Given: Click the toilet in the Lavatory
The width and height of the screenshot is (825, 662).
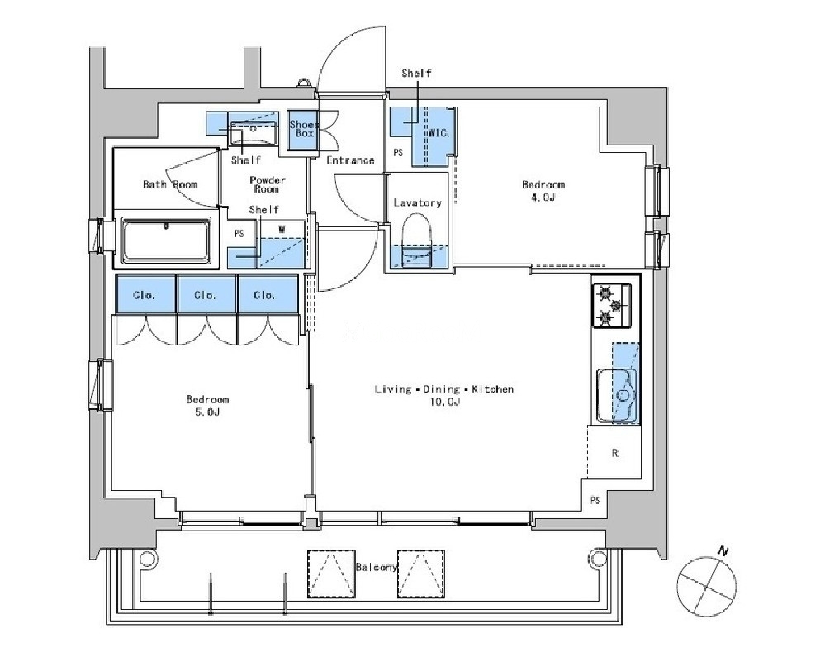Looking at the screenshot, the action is [x=417, y=240].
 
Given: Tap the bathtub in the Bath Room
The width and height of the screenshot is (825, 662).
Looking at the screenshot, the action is [x=166, y=241].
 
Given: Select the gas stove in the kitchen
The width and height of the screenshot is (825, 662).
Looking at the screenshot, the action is [x=611, y=306].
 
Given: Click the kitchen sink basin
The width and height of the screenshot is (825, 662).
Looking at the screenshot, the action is [x=617, y=395].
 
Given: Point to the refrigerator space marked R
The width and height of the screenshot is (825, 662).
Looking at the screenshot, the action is [x=614, y=453].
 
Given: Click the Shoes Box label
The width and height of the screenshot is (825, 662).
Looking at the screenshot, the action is [x=304, y=129].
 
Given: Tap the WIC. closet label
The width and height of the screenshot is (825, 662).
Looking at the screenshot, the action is [x=439, y=133].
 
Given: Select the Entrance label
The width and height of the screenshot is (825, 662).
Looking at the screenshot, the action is [x=350, y=160].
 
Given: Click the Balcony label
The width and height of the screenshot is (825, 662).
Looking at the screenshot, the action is [x=376, y=568].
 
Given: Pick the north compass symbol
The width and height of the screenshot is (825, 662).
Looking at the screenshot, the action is [x=707, y=584].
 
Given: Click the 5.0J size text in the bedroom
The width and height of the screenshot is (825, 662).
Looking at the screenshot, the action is [x=207, y=412].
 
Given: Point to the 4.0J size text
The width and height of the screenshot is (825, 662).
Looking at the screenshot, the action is [x=543, y=198].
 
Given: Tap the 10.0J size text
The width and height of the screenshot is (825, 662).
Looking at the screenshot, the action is [x=445, y=402].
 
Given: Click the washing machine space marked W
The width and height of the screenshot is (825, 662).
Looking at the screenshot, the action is [x=282, y=230].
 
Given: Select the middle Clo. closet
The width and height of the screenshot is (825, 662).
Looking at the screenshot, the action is [x=206, y=294].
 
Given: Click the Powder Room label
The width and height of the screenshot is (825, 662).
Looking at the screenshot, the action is [x=268, y=184].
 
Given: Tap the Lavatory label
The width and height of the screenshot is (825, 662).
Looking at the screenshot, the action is [x=417, y=202].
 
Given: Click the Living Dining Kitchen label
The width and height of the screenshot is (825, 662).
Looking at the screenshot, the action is [x=444, y=389].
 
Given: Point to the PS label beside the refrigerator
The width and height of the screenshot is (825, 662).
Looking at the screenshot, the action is [x=595, y=500].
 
